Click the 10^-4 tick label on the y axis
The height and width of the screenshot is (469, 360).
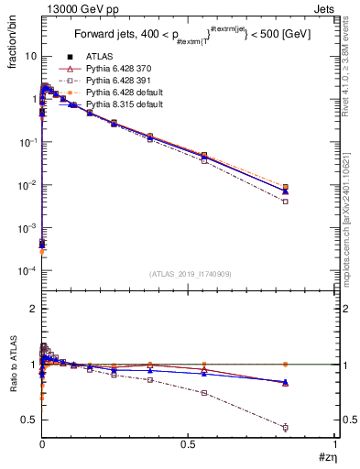pos(27,271)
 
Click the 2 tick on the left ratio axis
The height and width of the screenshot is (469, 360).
pos(34,309)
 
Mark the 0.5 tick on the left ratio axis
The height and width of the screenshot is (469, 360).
pos(30,420)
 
